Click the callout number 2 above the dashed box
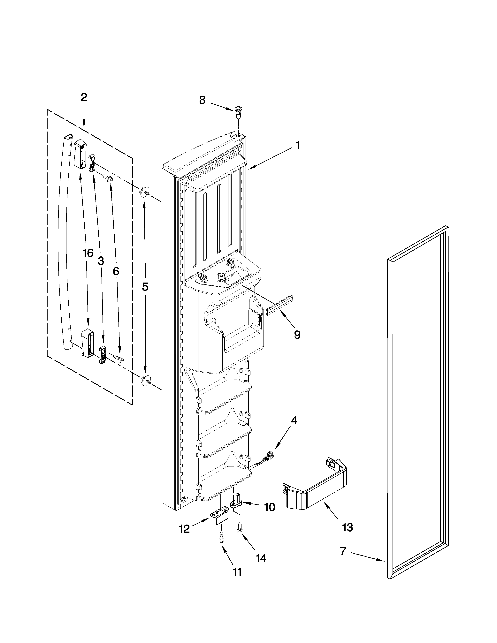click(84, 97)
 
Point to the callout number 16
click(88, 253)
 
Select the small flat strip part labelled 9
click(280, 305)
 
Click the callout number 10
click(269, 507)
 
